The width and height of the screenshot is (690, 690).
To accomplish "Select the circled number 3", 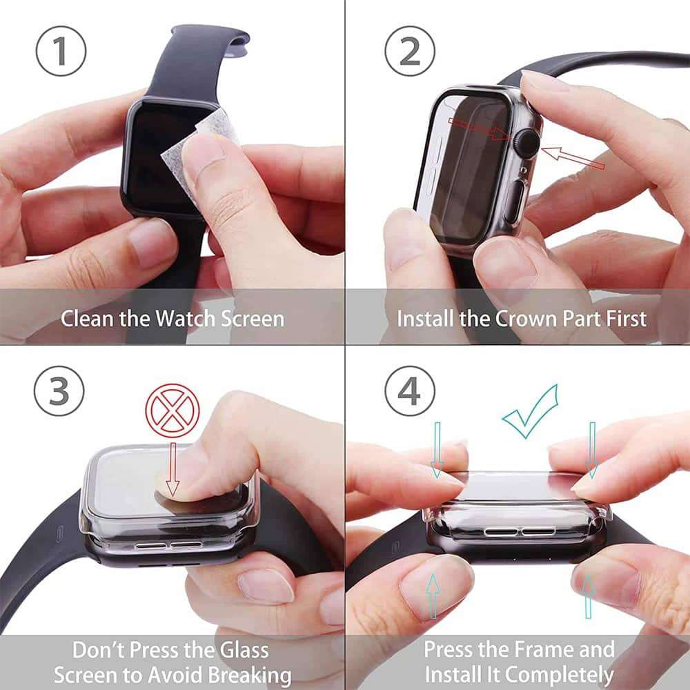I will coord(59,391).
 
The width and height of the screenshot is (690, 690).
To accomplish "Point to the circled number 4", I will coord(410,391).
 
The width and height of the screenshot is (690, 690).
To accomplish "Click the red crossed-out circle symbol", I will coord(172,412).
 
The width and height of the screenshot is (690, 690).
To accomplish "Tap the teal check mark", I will coord(530,413).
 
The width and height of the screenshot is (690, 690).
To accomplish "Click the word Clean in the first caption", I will coord(86,319).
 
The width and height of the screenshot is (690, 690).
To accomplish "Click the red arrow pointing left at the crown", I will coord(573,158).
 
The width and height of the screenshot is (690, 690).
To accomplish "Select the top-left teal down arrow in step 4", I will coord(437,449).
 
